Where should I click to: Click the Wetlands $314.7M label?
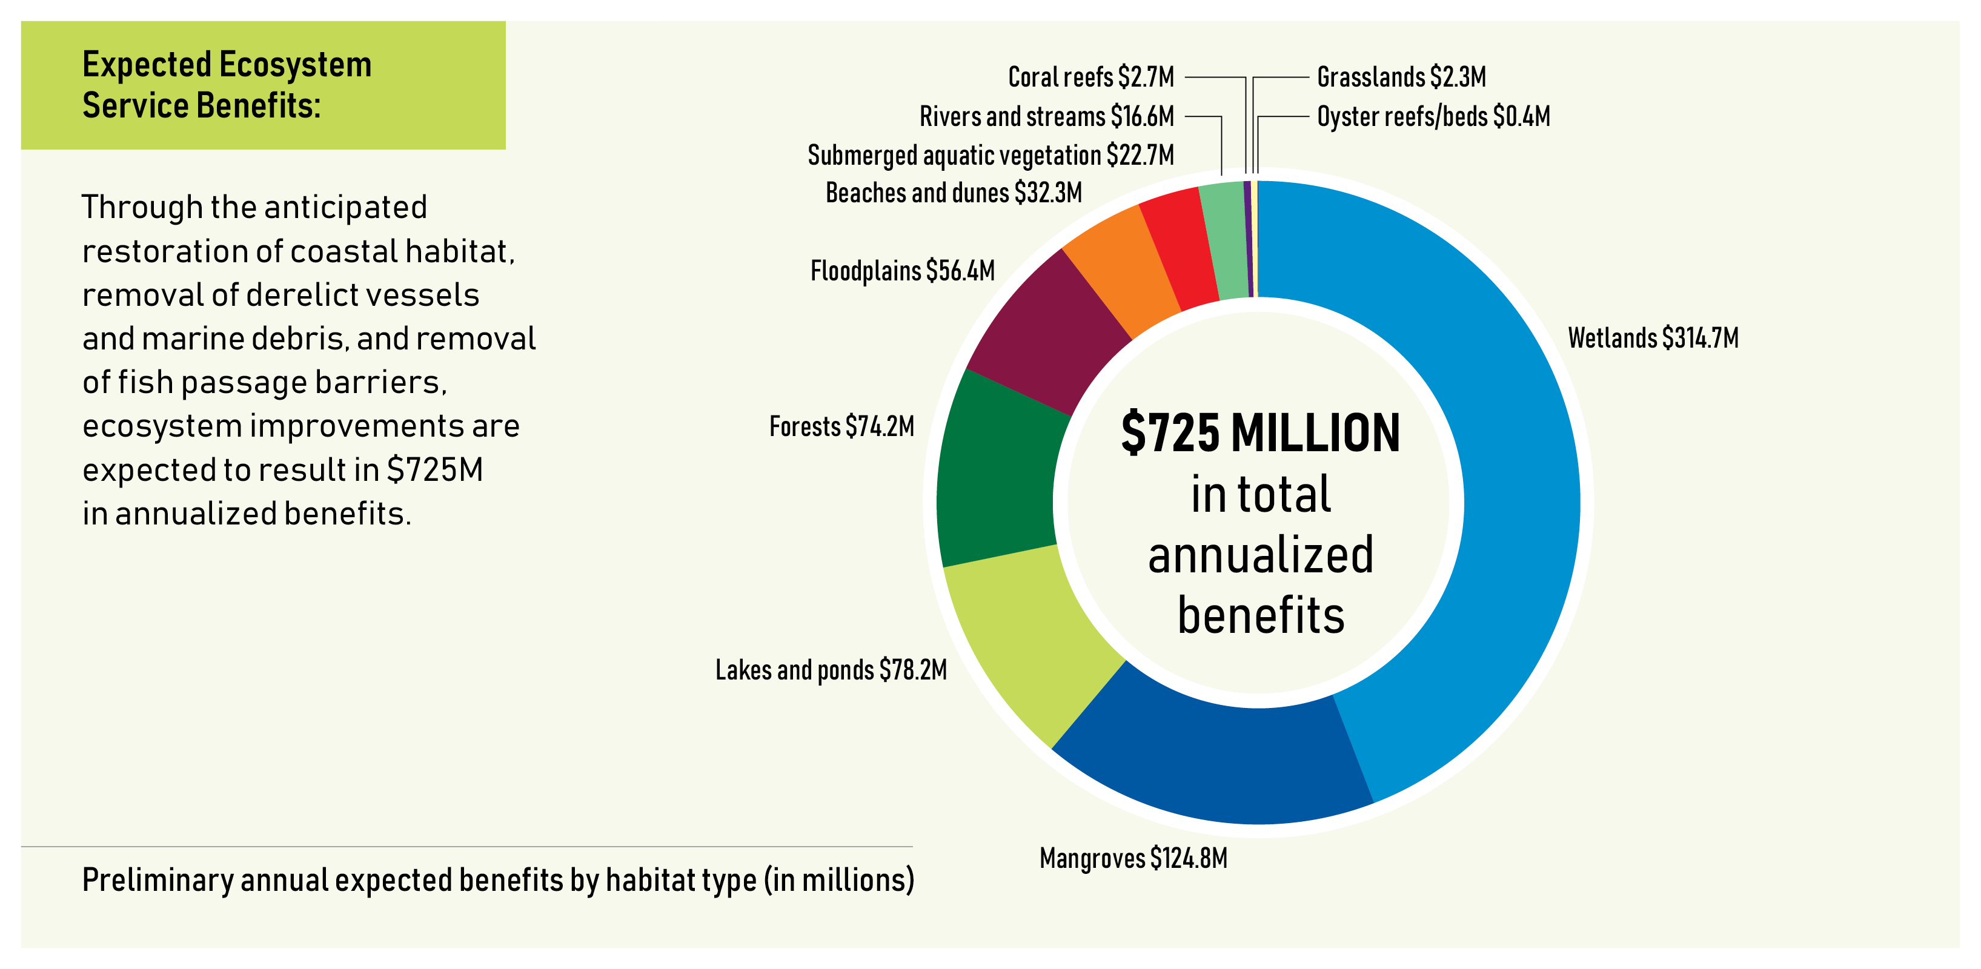(1653, 337)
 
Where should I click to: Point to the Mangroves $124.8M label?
(1133, 858)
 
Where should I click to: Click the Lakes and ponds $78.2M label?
(831, 670)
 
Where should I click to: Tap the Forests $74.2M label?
(841, 426)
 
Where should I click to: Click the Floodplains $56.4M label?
(902, 271)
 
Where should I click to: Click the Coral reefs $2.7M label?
(1090, 77)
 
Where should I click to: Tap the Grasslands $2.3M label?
(1401, 77)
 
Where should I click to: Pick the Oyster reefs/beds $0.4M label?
(1433, 116)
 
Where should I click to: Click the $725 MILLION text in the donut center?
(1259, 433)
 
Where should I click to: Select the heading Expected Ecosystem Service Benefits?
(227, 85)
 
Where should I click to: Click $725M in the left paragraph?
(434, 470)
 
